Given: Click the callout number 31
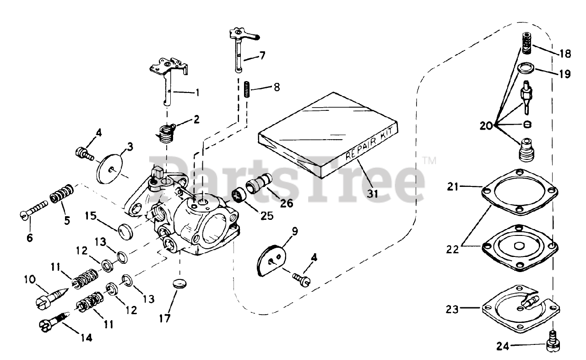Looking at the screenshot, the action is click(373, 194).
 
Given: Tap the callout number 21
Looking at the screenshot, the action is click(453, 186).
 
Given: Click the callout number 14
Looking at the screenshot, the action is click(86, 338).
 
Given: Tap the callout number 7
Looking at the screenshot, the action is click(262, 56).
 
